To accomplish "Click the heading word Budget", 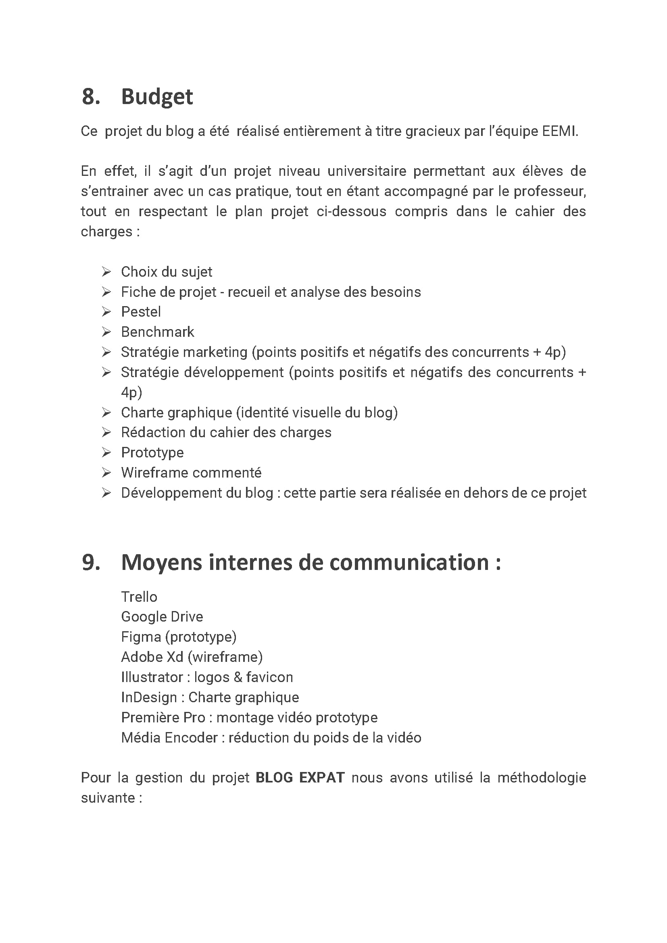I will click(x=157, y=97).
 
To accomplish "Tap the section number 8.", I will click(x=91, y=97).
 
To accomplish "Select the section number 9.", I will click(x=91, y=562).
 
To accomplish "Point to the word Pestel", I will click(x=141, y=312).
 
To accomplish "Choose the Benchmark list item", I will click(x=157, y=332).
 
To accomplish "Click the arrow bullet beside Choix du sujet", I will click(x=106, y=271).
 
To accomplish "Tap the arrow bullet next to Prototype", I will click(x=106, y=452).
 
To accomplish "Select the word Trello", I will click(x=139, y=597).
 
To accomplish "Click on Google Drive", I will click(x=162, y=616).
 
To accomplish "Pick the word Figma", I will click(x=141, y=637).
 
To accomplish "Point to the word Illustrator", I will click(x=152, y=677).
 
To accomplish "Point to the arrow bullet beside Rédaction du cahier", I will click(x=106, y=432).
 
